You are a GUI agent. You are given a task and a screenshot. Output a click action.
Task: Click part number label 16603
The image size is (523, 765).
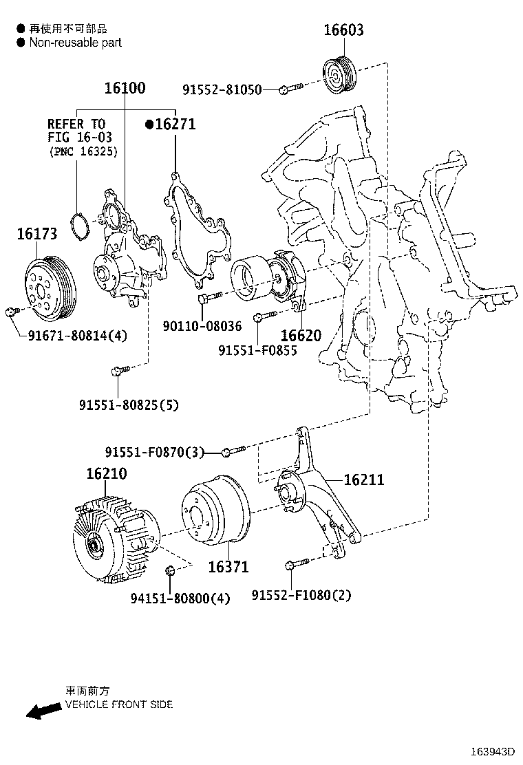click(343, 30)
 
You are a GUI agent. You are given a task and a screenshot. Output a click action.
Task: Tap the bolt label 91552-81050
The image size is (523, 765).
click(222, 89)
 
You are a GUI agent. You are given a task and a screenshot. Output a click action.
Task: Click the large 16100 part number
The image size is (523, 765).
click(125, 88)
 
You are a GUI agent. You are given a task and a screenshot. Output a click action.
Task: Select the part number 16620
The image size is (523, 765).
click(301, 336)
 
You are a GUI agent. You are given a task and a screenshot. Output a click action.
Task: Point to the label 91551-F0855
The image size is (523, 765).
click(257, 350)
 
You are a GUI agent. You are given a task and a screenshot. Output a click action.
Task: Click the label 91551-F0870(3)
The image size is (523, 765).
click(155, 452)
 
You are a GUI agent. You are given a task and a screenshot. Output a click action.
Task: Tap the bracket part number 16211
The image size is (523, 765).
click(363, 480)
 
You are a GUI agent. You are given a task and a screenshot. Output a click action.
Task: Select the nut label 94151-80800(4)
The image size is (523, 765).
click(180, 599)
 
